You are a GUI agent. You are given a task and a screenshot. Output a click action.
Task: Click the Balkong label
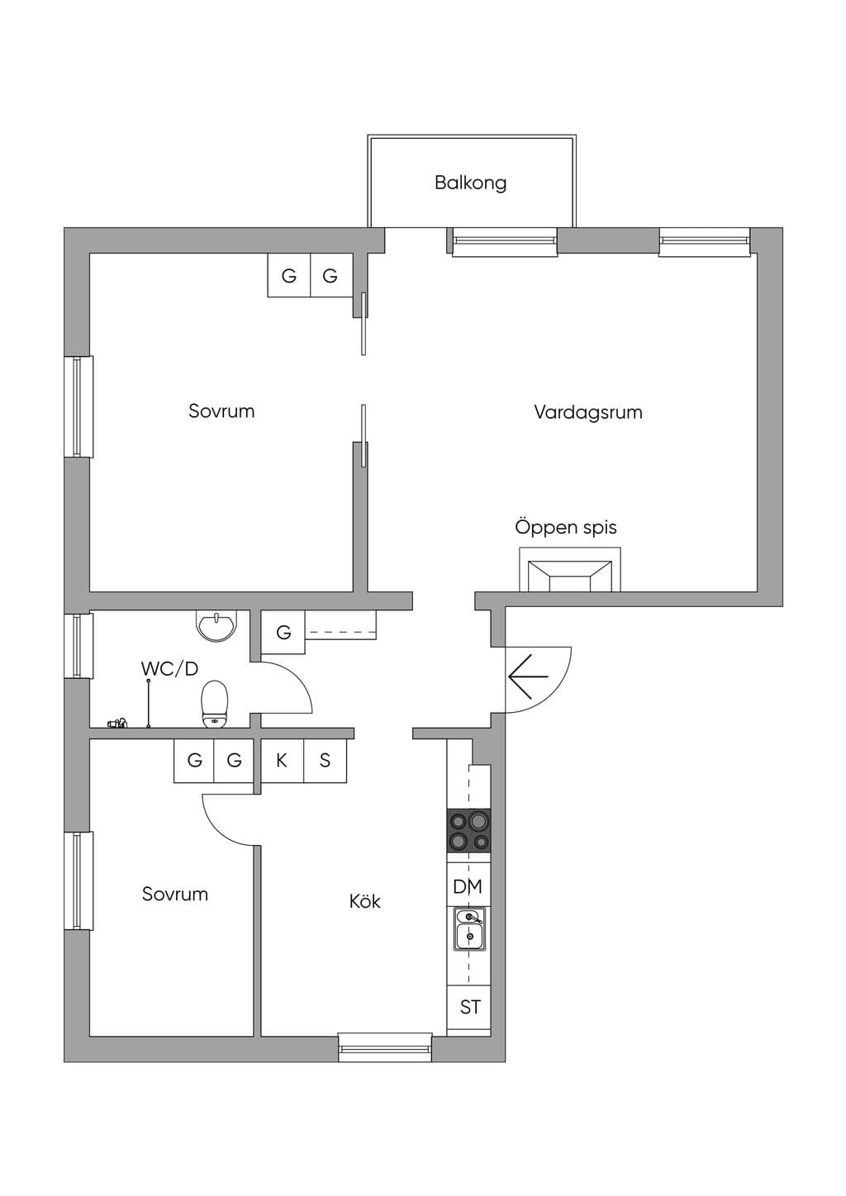(x=470, y=183)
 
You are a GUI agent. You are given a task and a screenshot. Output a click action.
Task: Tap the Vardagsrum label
(x=588, y=412)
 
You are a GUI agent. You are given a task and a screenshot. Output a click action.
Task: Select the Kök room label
(x=365, y=901)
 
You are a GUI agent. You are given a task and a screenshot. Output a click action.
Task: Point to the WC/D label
(x=169, y=668)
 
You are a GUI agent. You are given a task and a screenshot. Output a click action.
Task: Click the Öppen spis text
(x=566, y=527)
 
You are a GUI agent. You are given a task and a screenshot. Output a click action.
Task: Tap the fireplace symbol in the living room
(x=570, y=569)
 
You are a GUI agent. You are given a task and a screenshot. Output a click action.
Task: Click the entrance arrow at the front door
(x=528, y=676)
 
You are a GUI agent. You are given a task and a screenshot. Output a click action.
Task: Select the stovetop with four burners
(x=468, y=830)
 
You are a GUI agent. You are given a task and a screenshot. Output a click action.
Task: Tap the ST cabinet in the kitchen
(x=468, y=1007)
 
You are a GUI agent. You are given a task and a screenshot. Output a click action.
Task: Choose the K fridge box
(x=282, y=761)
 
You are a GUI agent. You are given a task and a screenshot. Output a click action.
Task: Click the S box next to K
(x=326, y=761)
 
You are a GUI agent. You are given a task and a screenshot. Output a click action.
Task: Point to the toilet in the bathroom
(x=215, y=704)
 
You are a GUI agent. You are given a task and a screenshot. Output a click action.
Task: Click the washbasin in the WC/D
(x=216, y=624)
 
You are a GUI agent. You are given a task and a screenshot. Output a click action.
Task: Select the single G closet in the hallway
(x=283, y=632)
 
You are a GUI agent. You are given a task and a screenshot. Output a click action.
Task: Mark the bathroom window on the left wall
(x=78, y=646)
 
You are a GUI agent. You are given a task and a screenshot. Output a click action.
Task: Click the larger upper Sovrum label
(x=221, y=411)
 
